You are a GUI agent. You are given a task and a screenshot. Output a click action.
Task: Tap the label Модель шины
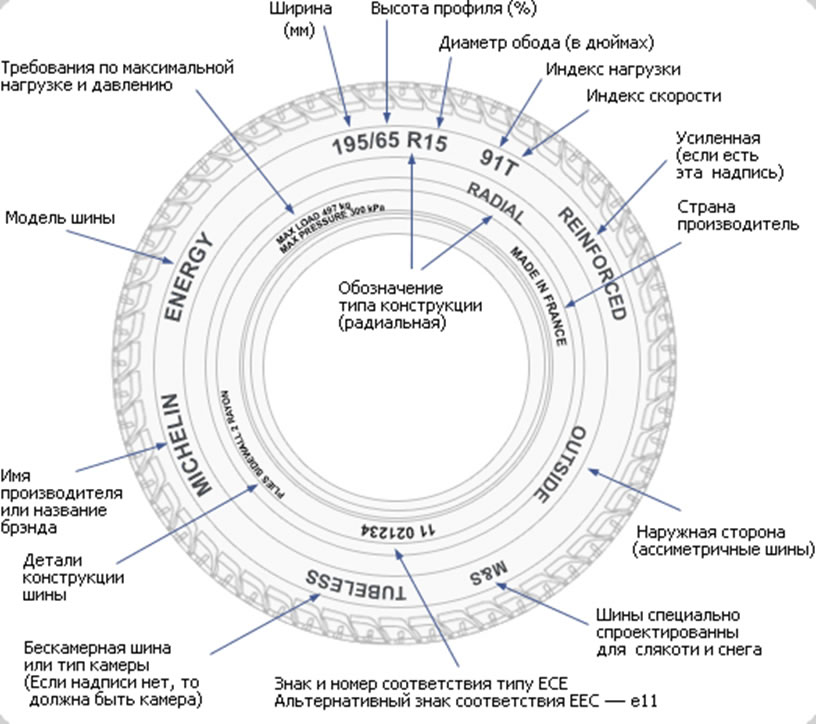tap(60, 218)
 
